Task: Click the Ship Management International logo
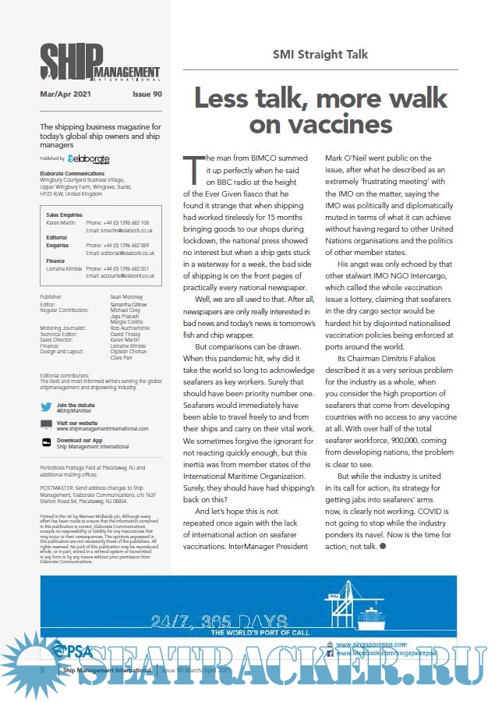coord(101,62)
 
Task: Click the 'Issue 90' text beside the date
coord(147,94)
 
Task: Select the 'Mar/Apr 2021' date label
coord(66,94)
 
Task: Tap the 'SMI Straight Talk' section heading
coord(320,55)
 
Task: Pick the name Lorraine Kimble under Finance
coord(63,268)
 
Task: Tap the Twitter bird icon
coord(47,406)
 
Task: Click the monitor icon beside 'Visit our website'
coord(47,424)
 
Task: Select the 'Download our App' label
coord(79,440)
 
